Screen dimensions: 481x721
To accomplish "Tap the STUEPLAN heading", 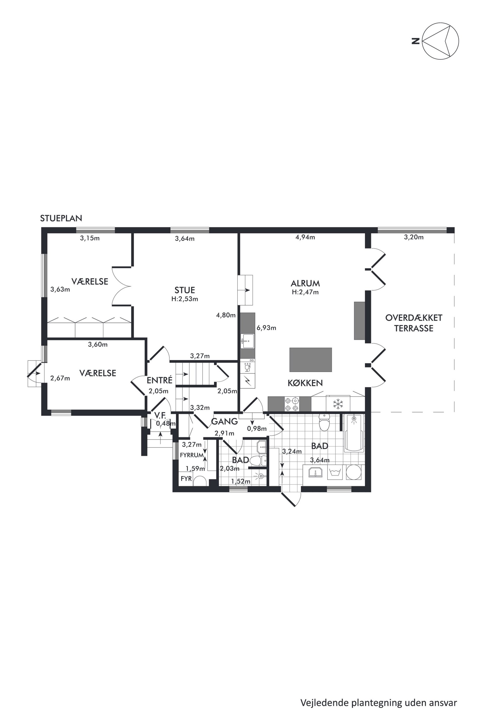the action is tap(61, 218).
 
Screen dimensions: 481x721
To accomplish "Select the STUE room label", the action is tap(185, 290).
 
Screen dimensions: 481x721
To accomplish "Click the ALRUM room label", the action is tap(305, 283).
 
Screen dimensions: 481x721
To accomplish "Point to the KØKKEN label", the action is tap(305, 383).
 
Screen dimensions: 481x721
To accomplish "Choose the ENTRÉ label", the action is tap(160, 380).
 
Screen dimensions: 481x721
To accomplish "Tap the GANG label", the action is tap(224, 422).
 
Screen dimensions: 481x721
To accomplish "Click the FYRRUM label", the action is tap(192, 455).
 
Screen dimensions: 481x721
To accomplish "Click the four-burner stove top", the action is tap(292, 404).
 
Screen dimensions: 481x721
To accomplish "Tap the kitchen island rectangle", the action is tap(311, 360).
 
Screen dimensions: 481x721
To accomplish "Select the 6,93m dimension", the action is tap(266, 328).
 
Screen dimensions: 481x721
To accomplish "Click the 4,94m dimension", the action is tap(305, 237).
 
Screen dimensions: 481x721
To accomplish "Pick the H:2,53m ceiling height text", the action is tap(185, 299).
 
